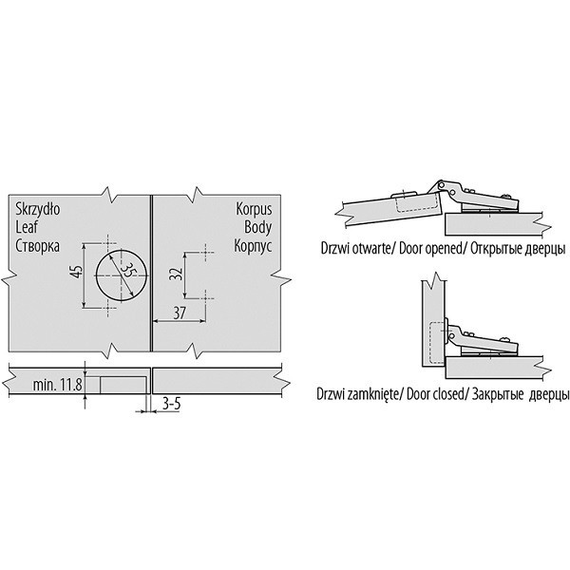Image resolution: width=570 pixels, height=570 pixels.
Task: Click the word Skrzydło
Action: pos(38,209)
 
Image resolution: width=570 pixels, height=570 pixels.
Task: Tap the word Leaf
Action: pos(27,227)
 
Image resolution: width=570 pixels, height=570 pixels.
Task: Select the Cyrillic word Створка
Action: pos(37,246)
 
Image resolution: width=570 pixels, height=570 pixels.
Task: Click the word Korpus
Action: pos(254,209)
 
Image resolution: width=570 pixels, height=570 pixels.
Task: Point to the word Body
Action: pos(258,227)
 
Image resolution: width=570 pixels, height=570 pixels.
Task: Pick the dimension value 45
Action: pos(77,272)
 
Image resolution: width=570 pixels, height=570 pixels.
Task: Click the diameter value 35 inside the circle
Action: pos(127,270)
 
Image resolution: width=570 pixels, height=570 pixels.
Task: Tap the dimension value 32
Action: pos(176,274)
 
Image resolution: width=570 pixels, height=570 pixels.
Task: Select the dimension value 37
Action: pos(180,313)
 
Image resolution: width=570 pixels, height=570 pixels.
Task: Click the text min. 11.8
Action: pos(57,385)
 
